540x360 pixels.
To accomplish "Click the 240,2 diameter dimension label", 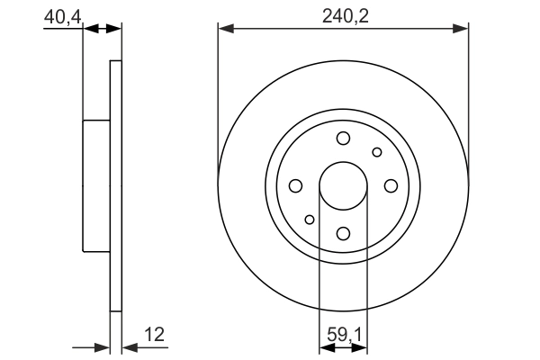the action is (345, 16).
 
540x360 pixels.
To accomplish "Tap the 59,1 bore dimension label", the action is (344, 335).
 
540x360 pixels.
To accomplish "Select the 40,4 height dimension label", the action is (62, 17).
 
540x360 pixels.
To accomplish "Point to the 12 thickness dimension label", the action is (155, 334).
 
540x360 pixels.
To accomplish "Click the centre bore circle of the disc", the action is (344, 186).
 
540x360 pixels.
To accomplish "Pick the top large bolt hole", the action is (344, 139).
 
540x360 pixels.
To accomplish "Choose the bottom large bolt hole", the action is (344, 234).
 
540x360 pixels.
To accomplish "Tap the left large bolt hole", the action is (296, 186).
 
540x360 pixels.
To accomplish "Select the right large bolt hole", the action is (391, 186).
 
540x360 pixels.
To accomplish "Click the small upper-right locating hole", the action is (377, 152).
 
